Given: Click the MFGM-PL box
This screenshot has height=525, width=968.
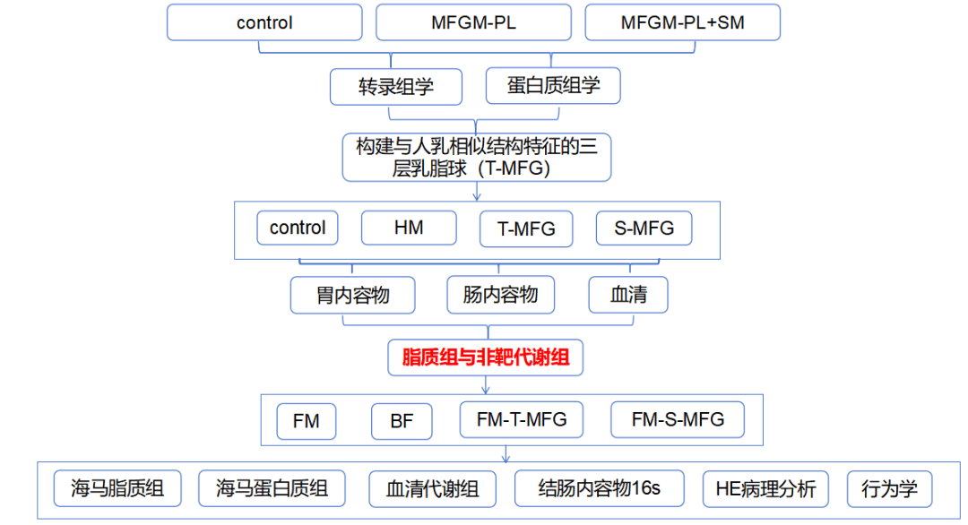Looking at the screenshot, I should pos(473,22).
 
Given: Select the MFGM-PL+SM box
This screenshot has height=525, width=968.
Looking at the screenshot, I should pos(682,22).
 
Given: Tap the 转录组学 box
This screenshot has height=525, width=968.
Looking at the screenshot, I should pos(396,87).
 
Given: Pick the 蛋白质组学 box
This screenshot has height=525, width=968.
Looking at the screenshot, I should pos(553,86).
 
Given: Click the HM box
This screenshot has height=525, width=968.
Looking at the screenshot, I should pos(409,228).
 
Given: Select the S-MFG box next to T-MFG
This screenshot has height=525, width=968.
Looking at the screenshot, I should pos(644,228).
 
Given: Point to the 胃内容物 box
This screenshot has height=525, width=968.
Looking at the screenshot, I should pos(353,295).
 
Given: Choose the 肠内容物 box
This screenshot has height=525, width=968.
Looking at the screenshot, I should pos(501,295).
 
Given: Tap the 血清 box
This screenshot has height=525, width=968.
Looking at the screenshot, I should pos(628,295).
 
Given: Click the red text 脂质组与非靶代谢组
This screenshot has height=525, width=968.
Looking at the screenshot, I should pos(485,358).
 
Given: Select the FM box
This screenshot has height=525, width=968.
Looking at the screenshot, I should pos(306,420).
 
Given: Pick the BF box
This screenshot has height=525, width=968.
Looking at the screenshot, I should pos(402,420).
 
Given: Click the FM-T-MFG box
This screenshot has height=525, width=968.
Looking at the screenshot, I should pos(522,418).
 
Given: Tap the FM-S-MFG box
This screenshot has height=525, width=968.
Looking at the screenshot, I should pos(678,418).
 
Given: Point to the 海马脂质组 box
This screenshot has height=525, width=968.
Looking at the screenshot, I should pos(117,488).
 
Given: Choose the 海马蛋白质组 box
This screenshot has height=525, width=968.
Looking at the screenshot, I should pos(272,488).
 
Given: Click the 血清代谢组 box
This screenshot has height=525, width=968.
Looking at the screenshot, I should pos(433,489).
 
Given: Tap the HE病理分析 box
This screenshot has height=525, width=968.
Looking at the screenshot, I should pos(765,489).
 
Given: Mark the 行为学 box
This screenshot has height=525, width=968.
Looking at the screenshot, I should pos(890,489).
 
